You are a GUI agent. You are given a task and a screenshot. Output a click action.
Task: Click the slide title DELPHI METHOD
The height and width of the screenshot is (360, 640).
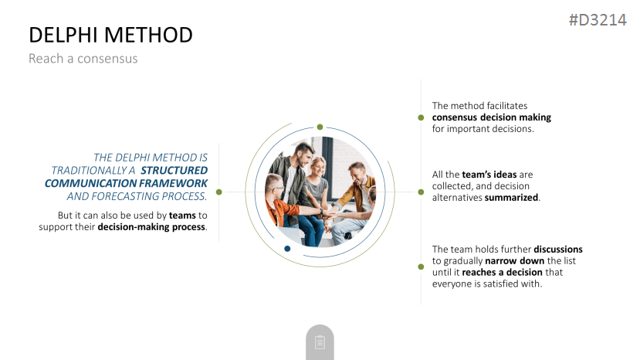point(110,35)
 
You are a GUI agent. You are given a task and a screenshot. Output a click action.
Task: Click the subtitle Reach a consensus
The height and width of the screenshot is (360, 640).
point(83,59)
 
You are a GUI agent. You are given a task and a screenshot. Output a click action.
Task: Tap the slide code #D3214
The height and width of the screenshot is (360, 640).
point(598,20)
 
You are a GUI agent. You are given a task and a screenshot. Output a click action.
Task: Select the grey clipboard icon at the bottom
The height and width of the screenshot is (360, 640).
point(320,342)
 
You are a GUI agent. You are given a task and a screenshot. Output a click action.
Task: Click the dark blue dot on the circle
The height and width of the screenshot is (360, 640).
point(287,249)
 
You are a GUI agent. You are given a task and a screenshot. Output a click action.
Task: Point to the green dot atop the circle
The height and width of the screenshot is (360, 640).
point(320,127)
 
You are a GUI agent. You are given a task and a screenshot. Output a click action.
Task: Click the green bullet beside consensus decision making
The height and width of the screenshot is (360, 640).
point(421,117)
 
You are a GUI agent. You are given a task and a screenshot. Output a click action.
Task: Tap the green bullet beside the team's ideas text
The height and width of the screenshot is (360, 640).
point(421,192)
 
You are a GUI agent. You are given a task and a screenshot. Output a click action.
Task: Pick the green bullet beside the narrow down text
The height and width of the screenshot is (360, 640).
point(421,267)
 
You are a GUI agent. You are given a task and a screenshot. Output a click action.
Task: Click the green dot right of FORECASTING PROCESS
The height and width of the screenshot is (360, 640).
point(219,192)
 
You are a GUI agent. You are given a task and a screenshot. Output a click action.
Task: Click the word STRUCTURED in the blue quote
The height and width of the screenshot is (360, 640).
point(174,171)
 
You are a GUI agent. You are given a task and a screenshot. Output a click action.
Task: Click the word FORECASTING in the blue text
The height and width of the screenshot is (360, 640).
point(125,196)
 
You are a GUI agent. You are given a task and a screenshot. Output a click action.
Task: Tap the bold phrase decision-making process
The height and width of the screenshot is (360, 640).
point(151,227)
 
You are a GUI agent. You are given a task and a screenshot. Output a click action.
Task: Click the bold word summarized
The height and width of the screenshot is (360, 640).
point(511,198)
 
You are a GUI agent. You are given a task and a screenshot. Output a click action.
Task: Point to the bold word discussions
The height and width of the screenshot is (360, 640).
point(558,250)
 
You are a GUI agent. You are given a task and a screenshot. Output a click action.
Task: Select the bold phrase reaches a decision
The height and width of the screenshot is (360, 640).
point(502,273)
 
